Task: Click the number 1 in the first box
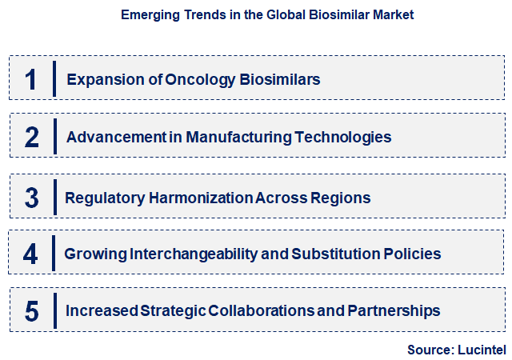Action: [31, 79]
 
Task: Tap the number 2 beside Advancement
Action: [31, 138]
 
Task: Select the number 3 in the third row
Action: [31, 198]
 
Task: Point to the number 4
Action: [30, 254]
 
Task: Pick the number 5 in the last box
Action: [31, 311]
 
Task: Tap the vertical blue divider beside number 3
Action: [55, 198]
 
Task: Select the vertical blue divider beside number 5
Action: [55, 311]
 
